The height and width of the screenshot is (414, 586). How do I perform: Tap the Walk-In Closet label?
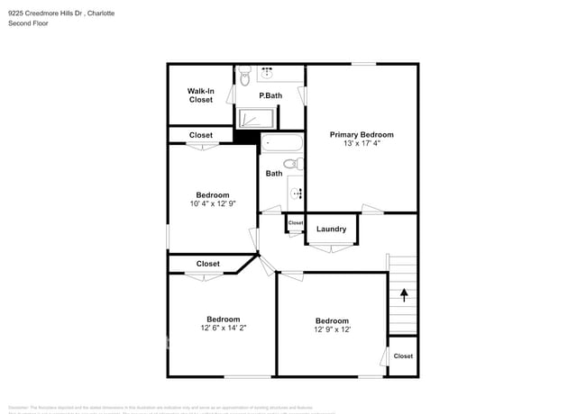point(200,95)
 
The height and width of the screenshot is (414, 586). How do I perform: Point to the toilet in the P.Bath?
point(243,78)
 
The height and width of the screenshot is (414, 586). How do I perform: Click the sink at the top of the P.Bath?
point(268,73)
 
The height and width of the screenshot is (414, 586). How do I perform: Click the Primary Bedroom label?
point(362,134)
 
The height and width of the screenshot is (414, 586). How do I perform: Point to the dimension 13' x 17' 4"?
point(362,144)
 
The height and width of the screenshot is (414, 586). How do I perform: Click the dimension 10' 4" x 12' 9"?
point(213,204)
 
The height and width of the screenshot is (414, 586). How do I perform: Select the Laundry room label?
point(331,229)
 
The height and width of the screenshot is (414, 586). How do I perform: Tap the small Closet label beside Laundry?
point(296,222)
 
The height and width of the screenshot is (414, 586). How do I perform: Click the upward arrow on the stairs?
point(404,293)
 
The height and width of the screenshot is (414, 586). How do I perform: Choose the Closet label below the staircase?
point(403,355)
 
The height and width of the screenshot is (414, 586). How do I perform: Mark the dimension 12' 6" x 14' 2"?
point(223,328)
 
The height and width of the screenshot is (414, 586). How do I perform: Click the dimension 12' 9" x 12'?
point(332,330)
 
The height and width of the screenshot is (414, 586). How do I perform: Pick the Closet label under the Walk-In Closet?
point(201,135)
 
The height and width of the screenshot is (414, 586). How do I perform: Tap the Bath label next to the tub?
point(274,174)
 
